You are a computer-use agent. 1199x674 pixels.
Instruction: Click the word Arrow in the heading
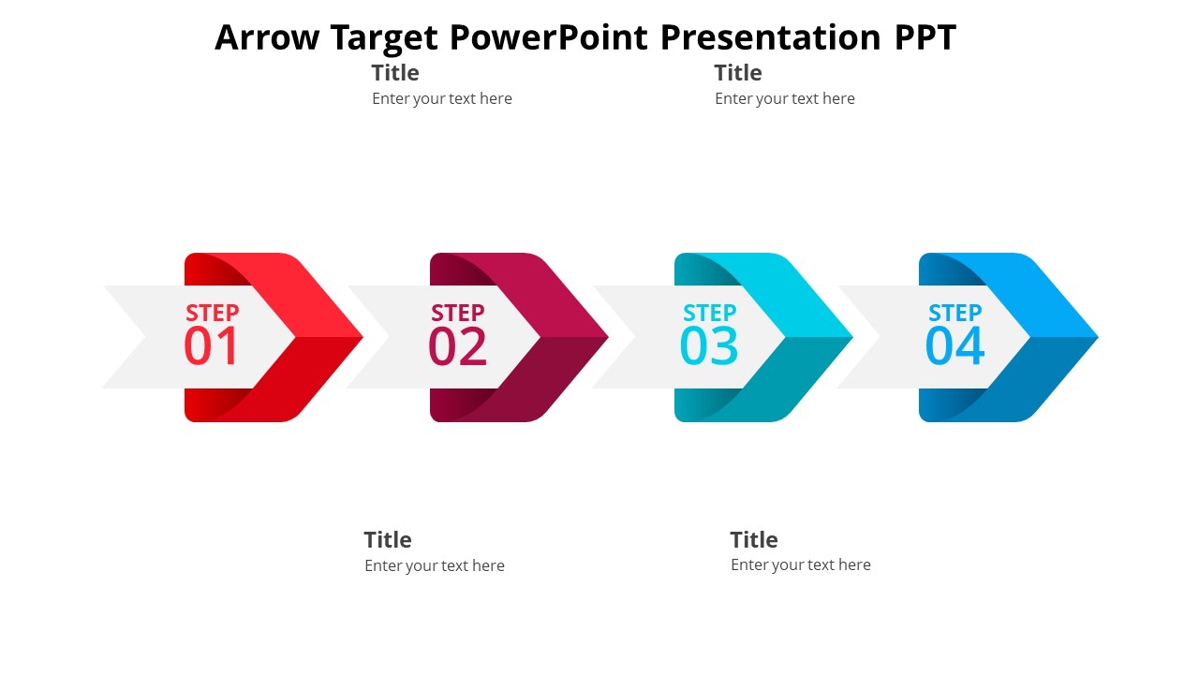point(267,37)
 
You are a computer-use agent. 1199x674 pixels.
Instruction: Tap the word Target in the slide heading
point(384,38)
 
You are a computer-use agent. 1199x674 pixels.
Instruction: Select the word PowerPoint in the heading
point(549,37)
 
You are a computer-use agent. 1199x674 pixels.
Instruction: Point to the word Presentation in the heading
point(771,37)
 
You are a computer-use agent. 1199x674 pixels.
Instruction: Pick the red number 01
point(211,346)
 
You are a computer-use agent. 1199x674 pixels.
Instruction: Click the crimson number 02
point(458,346)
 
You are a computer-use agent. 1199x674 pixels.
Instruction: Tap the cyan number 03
point(709,346)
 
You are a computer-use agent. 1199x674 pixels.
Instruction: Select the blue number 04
point(955,346)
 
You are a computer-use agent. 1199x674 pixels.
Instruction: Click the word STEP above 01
point(213,313)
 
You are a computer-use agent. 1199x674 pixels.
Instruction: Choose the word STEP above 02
point(458,313)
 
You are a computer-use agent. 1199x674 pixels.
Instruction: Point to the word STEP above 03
point(710,313)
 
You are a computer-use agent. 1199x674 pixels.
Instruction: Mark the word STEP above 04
point(955,313)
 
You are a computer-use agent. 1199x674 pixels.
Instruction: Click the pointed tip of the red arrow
point(363,337)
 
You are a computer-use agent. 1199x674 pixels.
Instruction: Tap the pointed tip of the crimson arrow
point(608,337)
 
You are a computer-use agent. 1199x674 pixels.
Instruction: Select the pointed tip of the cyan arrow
point(852,337)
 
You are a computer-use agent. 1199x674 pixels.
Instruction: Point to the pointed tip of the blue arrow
point(1098,337)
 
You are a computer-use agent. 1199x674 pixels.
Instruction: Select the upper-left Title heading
point(395,73)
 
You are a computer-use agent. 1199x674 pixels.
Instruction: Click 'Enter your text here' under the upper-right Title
point(785,98)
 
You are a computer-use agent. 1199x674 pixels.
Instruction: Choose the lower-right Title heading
point(754,540)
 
